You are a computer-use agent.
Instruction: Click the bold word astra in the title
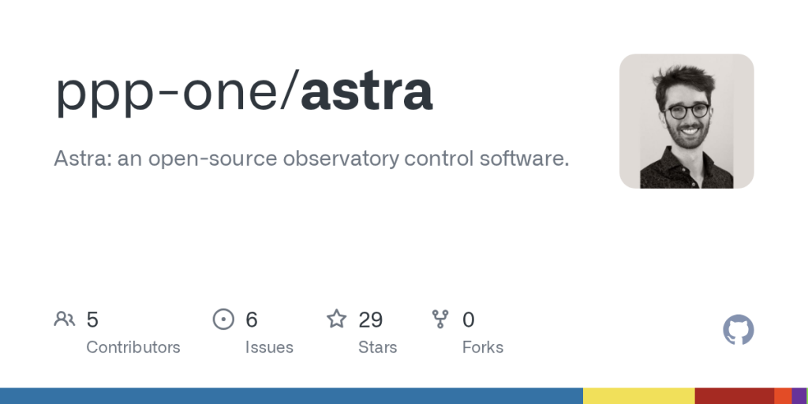367,93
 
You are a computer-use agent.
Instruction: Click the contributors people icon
65,319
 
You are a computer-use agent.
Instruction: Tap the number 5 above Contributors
92,320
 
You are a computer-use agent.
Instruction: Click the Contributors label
133,347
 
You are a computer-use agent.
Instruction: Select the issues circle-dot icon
224,319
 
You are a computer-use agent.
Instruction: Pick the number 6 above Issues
252,320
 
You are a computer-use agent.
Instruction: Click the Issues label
269,347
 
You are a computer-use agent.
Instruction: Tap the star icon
337,319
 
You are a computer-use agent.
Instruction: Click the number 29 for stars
370,320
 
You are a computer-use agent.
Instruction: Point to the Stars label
377,347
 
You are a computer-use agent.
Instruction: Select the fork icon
440,319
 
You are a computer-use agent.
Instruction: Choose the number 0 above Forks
468,320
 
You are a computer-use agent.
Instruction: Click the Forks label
482,347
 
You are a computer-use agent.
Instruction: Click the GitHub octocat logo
739,330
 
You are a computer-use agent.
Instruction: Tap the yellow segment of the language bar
638,395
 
